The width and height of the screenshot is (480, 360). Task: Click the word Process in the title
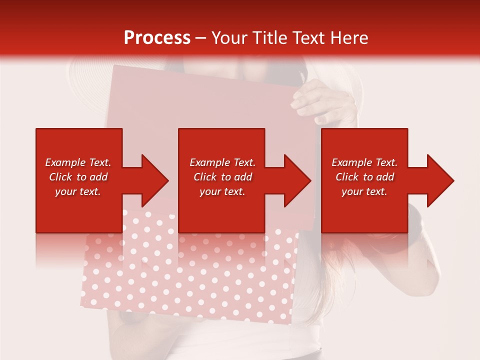(157, 38)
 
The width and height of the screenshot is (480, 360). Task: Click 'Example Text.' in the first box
(78, 162)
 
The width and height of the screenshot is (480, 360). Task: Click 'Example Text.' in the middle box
(222, 162)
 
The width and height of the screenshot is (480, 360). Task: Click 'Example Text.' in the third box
(364, 162)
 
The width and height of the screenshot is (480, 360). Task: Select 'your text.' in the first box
(78, 191)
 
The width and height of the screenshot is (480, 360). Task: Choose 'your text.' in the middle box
(222, 191)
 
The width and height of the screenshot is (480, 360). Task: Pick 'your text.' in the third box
(364, 191)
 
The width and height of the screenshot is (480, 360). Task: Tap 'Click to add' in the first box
(78, 177)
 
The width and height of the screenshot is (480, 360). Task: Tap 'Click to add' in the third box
(364, 177)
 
